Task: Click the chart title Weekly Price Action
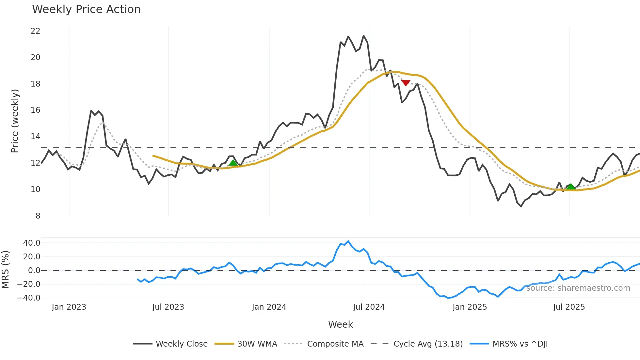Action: click(86, 9)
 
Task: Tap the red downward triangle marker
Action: click(406, 83)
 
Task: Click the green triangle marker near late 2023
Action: click(233, 163)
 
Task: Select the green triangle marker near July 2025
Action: click(571, 187)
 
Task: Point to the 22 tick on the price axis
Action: click(35, 31)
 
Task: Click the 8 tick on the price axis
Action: click(38, 216)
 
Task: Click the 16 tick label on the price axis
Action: click(35, 110)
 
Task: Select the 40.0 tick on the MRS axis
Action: click(32, 243)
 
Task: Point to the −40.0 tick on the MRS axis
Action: click(29, 298)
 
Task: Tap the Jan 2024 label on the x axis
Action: click(269, 307)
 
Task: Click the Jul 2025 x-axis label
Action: click(569, 307)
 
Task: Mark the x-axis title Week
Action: click(340, 324)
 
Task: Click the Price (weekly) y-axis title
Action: click(15, 121)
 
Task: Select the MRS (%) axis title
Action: click(5, 270)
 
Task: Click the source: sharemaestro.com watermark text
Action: click(578, 288)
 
